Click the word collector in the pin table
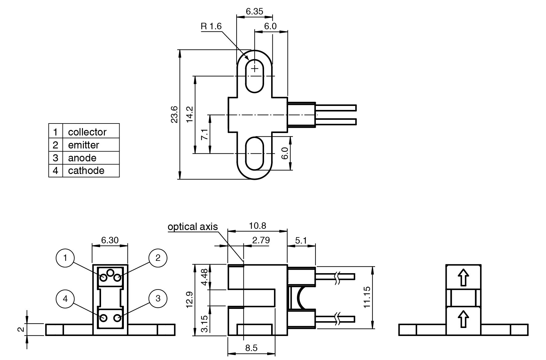pos(87,132)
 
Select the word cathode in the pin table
pos(86,171)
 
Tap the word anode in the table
pos(82,158)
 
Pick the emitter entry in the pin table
pos(84,145)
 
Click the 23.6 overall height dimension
pos(174,114)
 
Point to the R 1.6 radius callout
pos(211,26)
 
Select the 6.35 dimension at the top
pos(255,11)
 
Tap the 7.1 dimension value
pos(205,135)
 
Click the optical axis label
pos(193,227)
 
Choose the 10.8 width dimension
pos(257,226)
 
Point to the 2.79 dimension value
pos(261,240)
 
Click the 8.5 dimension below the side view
pos(251,348)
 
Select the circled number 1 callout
pos(65,258)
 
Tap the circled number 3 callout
pos(158,298)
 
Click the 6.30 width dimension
pos(110,240)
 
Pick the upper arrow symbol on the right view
pos(463,277)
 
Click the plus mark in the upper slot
pos(255,68)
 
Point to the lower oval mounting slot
pos(255,153)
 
